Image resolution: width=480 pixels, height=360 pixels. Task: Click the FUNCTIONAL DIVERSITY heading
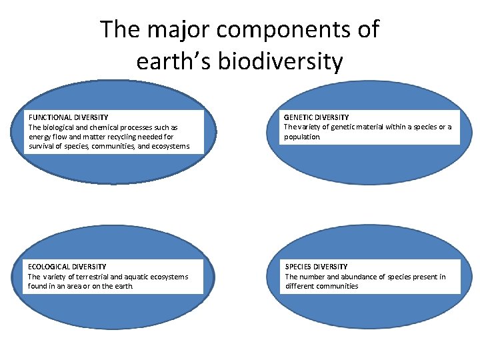tap(68, 117)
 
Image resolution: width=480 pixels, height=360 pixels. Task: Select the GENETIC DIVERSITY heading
tap(316, 117)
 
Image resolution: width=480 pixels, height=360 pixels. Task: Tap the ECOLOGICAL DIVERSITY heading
tap(67, 267)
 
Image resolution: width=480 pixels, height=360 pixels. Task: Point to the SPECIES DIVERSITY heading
tap(316, 267)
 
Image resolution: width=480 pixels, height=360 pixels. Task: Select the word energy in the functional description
tap(39, 137)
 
